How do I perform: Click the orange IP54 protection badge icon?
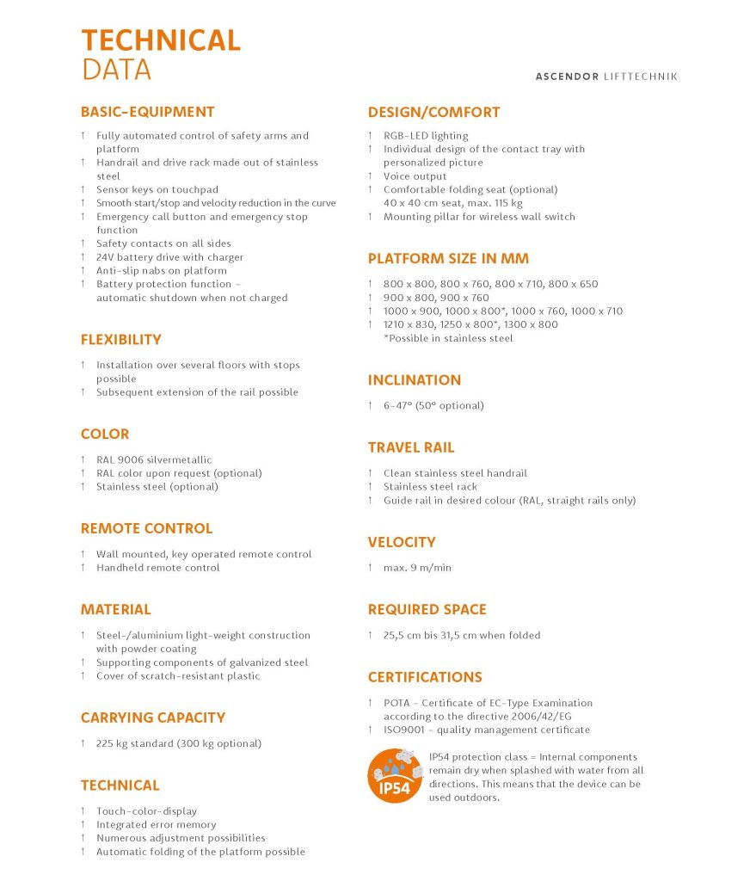pyautogui.click(x=395, y=776)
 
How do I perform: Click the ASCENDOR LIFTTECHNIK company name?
pyautogui.click(x=606, y=77)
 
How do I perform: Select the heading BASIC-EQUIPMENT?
pyautogui.click(x=147, y=112)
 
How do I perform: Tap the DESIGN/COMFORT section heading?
pyautogui.click(x=433, y=112)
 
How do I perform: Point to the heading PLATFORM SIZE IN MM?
pyautogui.click(x=448, y=259)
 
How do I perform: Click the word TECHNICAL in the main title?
pyautogui.click(x=161, y=40)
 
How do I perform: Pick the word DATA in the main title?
pyautogui.click(x=116, y=69)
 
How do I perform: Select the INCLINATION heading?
pyautogui.click(x=414, y=380)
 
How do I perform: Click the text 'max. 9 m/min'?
pyautogui.click(x=417, y=568)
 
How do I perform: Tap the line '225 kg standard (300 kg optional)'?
pyautogui.click(x=178, y=743)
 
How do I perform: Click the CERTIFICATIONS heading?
pyautogui.click(x=425, y=677)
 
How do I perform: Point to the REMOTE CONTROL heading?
pyautogui.click(x=146, y=528)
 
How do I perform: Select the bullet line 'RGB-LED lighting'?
pyautogui.click(x=426, y=136)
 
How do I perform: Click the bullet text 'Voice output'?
pyautogui.click(x=415, y=176)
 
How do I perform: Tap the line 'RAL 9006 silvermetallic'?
pyautogui.click(x=153, y=460)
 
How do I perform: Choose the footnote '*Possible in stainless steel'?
pyautogui.click(x=448, y=338)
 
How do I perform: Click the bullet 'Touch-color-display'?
pyautogui.click(x=146, y=811)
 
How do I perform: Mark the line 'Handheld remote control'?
pyautogui.click(x=157, y=568)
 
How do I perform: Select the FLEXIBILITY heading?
pyautogui.click(x=120, y=340)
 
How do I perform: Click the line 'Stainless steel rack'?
pyautogui.click(x=430, y=487)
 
